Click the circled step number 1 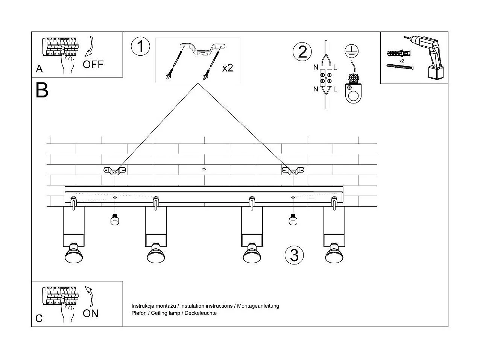(140, 47)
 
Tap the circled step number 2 (302, 52)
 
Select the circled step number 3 (294, 255)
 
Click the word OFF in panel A (93, 64)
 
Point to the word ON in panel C (90, 313)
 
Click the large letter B (42, 90)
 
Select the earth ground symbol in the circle (351, 51)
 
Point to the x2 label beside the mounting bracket (228, 68)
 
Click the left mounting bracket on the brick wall (115, 171)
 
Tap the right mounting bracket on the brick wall (293, 171)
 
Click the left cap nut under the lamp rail (115, 219)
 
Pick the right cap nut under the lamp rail (293, 219)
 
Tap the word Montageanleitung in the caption (258, 306)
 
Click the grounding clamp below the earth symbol (353, 89)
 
